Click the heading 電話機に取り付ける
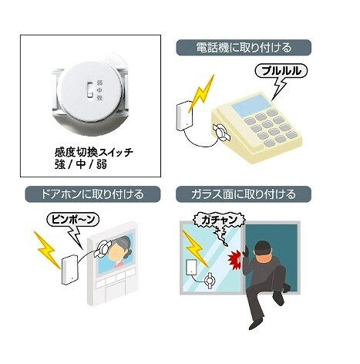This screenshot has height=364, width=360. click(x=244, y=48)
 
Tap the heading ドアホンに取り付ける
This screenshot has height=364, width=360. click(x=93, y=194)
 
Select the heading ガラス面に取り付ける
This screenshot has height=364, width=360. click(x=244, y=194)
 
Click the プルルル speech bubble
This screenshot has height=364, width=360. click(x=281, y=71)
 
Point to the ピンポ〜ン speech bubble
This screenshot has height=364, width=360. click(x=73, y=220)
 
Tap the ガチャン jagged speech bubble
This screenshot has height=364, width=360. click(x=219, y=220)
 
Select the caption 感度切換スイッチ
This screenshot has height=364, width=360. click(x=94, y=152)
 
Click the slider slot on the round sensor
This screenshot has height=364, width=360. click(x=90, y=90)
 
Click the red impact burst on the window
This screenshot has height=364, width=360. click(x=234, y=261)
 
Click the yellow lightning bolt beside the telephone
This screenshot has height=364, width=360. click(x=202, y=93)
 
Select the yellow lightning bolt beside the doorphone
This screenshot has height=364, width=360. click(x=47, y=249)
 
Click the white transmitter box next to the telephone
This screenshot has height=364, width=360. click(x=185, y=116)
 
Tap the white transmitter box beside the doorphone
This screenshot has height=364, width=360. click(x=70, y=270)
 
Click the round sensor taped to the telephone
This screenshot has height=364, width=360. click(x=220, y=131)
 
